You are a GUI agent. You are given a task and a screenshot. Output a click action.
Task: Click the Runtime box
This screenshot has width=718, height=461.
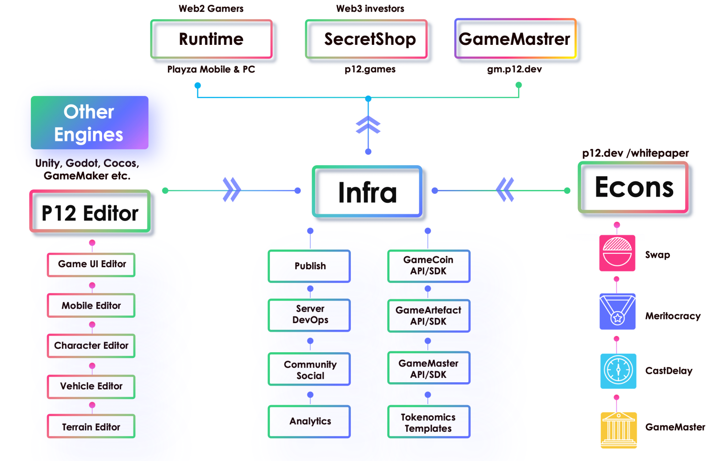(211, 39)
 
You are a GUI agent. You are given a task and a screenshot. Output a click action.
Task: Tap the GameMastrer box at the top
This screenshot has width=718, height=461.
(515, 39)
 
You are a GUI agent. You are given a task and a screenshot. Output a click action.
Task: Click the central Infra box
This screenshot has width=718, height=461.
(367, 192)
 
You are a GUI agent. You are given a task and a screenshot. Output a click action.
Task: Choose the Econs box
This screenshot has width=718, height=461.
(633, 187)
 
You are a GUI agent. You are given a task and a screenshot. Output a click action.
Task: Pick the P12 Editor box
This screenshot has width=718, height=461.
(90, 212)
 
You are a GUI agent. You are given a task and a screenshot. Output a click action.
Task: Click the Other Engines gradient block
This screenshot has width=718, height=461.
(90, 123)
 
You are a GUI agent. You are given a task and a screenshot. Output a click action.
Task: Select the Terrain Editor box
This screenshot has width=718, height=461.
(91, 426)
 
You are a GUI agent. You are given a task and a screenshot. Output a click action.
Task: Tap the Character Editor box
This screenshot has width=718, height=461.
(91, 346)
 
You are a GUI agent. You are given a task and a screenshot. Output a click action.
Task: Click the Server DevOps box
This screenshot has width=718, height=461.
(309, 315)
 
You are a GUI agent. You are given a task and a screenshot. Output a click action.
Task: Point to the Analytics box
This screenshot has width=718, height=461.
(309, 421)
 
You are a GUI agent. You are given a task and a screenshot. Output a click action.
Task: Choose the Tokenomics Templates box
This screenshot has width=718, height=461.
(429, 422)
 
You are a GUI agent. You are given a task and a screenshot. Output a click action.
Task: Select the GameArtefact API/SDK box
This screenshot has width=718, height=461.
(429, 315)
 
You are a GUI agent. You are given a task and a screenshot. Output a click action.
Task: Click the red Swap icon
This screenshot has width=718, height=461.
(617, 253)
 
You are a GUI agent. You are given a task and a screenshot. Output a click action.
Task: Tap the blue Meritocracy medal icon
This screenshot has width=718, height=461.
(617, 312)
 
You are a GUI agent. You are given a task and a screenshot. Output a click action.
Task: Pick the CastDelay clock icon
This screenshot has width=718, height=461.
(618, 371)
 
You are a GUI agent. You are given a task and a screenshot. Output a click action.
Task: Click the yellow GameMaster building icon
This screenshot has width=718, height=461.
(618, 430)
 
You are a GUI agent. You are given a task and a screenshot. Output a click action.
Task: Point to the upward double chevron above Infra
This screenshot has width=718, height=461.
(368, 125)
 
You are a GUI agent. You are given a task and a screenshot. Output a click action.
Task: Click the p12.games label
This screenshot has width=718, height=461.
(370, 69)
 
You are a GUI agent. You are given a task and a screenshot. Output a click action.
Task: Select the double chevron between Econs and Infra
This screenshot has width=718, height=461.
(505, 190)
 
